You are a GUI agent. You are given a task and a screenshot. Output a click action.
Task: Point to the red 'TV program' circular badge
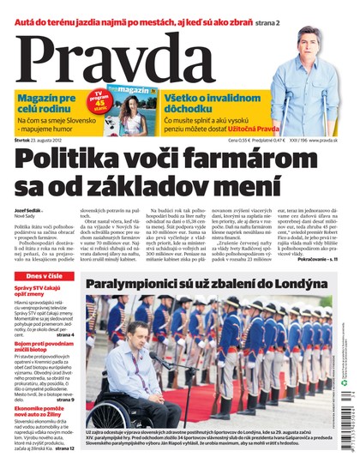point(101,96)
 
